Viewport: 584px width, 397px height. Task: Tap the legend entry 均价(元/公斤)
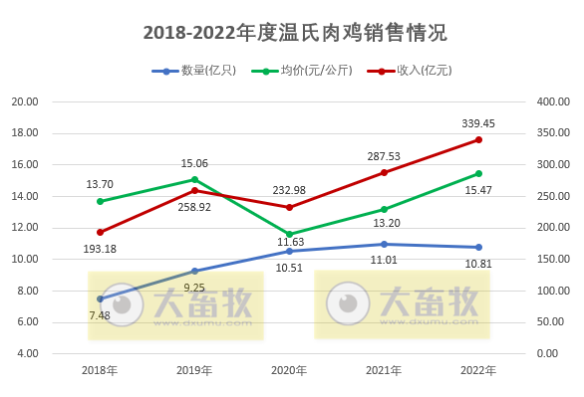(301, 71)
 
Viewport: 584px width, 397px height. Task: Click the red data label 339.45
(478, 123)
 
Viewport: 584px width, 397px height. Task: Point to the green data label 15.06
(194, 163)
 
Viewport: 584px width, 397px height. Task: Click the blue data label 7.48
(100, 315)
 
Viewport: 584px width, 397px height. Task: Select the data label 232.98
(289, 190)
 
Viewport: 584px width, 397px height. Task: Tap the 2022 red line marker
(478, 139)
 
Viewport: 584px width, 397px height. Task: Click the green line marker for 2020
(289, 234)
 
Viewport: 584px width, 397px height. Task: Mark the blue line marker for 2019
(194, 271)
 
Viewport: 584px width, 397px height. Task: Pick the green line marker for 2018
(100, 201)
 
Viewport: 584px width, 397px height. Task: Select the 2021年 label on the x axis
(384, 370)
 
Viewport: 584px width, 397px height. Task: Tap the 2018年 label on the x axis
(100, 370)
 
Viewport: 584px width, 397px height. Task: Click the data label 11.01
(384, 259)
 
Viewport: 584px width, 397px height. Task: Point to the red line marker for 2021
(384, 172)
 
